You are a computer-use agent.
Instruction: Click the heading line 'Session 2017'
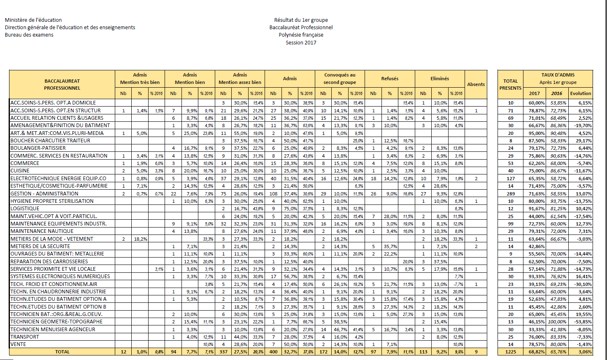(x=301, y=42)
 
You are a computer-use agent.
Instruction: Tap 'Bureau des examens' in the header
(x=29, y=35)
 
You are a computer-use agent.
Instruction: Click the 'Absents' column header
(x=476, y=84)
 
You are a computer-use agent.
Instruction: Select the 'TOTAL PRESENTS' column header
(x=510, y=84)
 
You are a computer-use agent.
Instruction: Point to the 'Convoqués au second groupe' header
(x=340, y=79)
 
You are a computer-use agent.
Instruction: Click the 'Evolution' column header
(x=581, y=93)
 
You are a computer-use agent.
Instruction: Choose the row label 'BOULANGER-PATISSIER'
(x=38, y=148)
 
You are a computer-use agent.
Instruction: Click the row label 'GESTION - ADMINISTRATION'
(x=44, y=193)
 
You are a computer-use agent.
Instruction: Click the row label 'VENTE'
(x=18, y=344)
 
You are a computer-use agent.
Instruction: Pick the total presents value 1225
(x=510, y=352)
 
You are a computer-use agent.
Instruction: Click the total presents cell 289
(x=510, y=193)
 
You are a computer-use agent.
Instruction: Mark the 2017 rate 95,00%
(x=537, y=133)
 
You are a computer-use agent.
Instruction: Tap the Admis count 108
(x=273, y=193)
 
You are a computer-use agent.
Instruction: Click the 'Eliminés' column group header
(x=440, y=79)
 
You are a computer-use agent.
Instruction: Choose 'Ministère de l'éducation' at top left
(x=33, y=20)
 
